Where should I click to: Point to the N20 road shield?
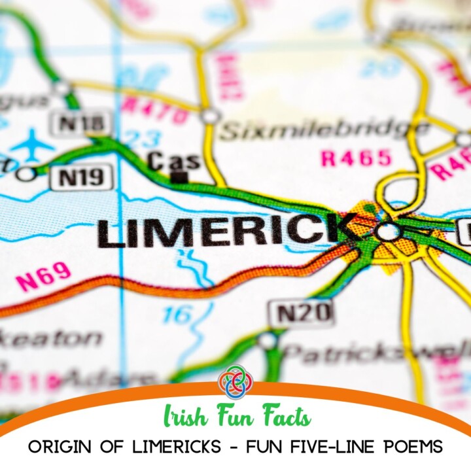tap(301, 313)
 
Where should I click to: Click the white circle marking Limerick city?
tap(387, 231)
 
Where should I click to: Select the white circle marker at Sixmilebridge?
tap(211, 116)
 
